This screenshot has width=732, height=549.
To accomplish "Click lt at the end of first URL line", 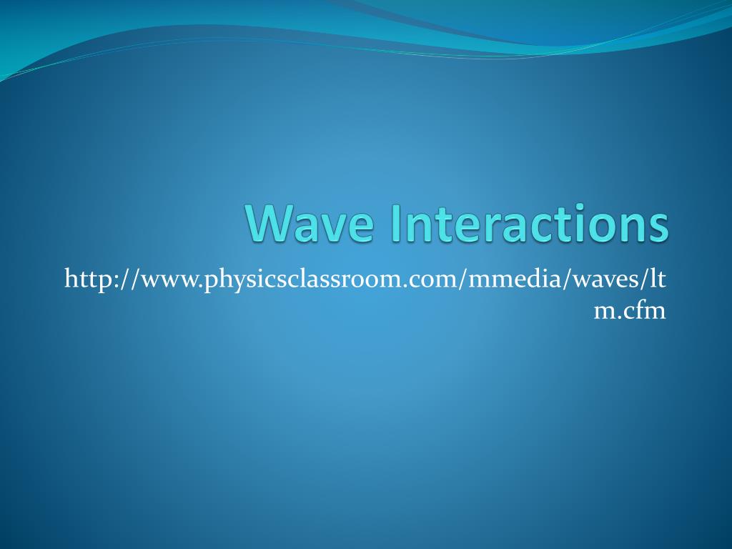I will (x=659, y=279).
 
